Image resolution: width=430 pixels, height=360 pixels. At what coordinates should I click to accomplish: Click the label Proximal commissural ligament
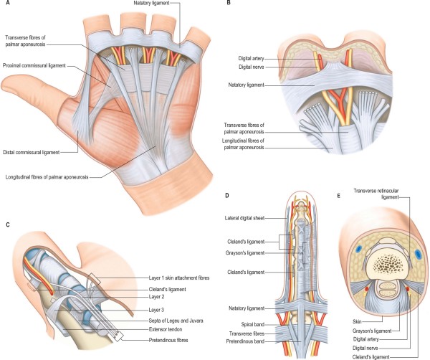click(x=35, y=65)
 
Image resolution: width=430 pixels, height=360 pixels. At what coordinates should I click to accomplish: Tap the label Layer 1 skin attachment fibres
click(x=190, y=278)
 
